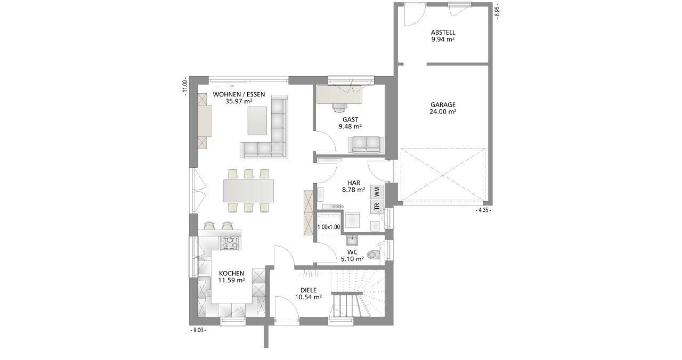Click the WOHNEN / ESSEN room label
(239, 94)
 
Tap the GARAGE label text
(443, 105)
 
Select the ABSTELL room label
(443, 32)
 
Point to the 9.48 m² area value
(350, 127)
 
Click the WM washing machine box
(377, 192)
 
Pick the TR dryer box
(377, 206)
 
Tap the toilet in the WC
(374, 254)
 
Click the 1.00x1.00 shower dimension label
(329, 227)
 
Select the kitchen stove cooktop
(230, 243)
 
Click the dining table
(248, 191)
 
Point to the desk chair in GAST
(339, 107)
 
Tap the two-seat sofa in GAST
(366, 144)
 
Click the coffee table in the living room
(257, 120)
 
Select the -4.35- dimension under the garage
(483, 210)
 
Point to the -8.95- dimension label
(497, 12)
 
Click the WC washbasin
(352, 240)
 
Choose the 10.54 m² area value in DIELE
(308, 297)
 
